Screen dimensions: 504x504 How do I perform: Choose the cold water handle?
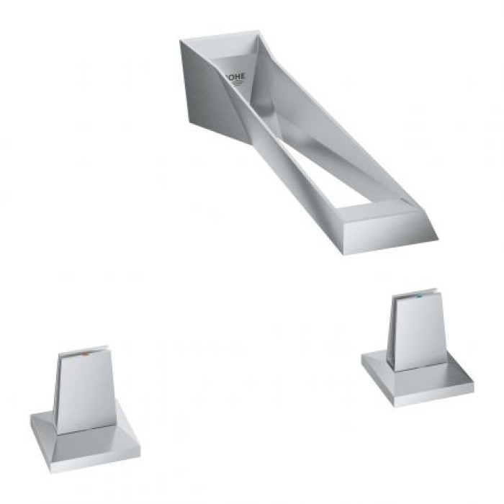point(414,346)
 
